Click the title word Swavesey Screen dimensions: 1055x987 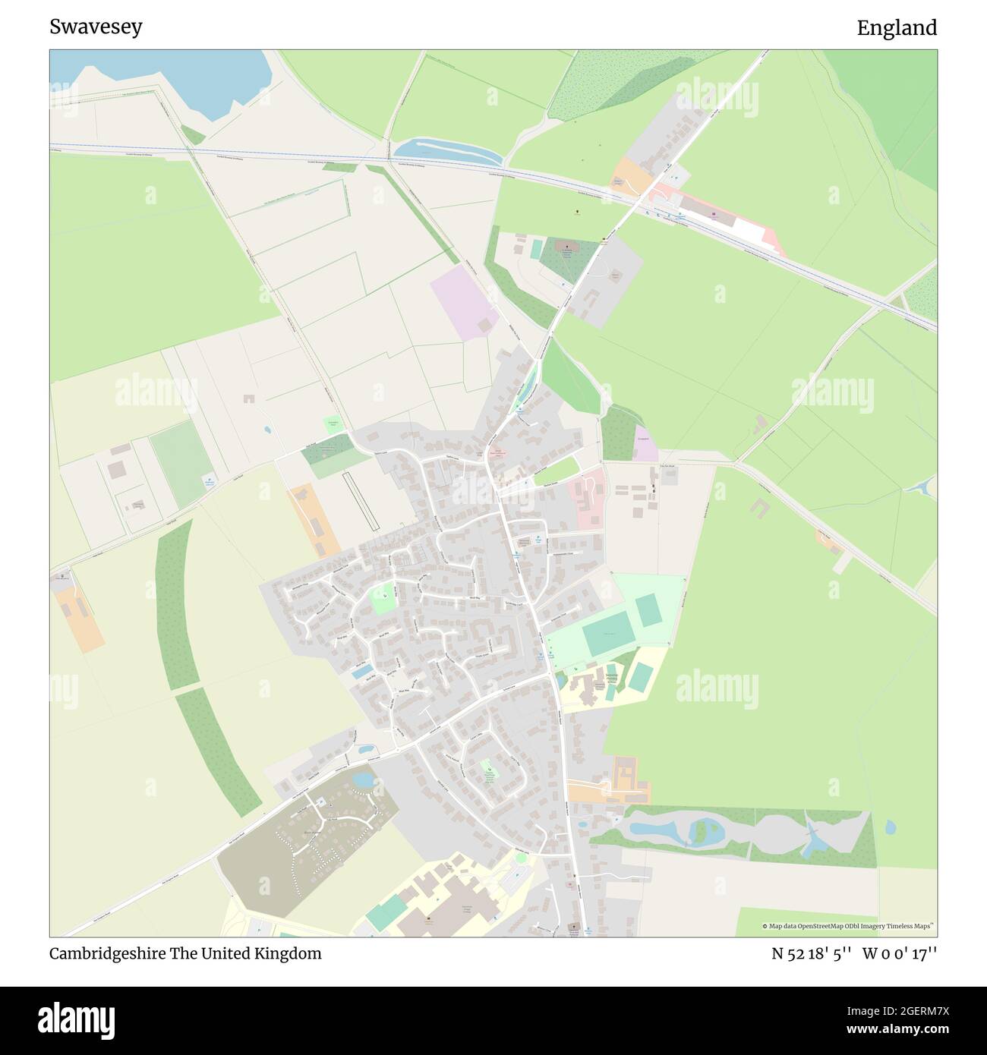tap(96, 27)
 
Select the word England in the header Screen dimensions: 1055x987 tap(897, 28)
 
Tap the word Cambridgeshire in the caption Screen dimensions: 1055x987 tap(112, 953)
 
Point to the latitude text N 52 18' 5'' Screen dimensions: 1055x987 tap(812, 953)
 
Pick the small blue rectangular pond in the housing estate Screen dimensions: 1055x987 tap(362, 671)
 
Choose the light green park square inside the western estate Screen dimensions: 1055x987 tap(384, 600)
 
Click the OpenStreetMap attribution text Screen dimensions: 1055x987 tap(849, 926)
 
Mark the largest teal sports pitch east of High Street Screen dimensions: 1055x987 tap(606, 632)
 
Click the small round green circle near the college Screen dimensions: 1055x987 tap(522, 858)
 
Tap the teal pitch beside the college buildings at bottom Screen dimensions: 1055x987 tap(386, 912)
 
